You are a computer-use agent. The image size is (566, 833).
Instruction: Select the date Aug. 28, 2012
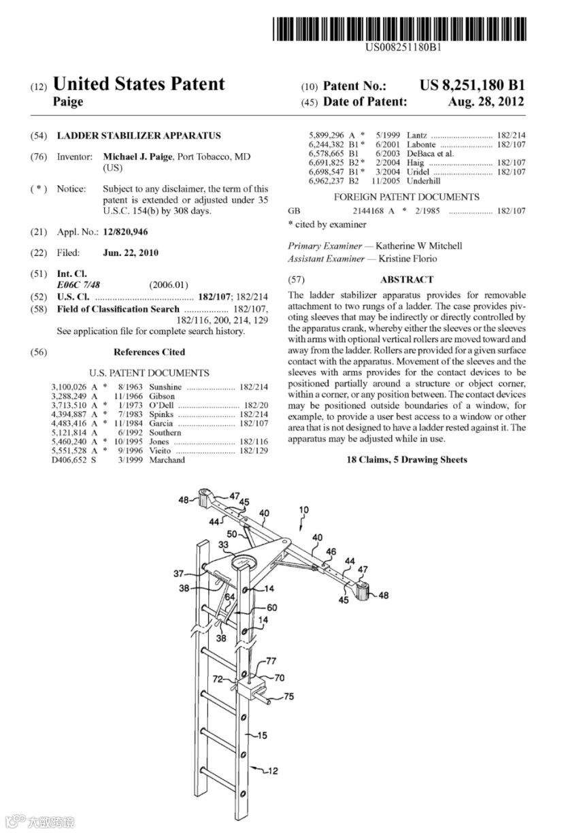pyautogui.click(x=486, y=102)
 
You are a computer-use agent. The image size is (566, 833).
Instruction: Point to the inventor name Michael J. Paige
pyautogui.click(x=138, y=157)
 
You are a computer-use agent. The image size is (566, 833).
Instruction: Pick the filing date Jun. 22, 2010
pyautogui.click(x=130, y=253)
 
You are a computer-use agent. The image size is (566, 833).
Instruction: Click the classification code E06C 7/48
pyautogui.click(x=78, y=284)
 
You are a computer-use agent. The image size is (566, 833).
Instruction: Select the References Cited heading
pyautogui.click(x=149, y=352)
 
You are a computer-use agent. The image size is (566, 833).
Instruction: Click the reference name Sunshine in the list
pyautogui.click(x=165, y=387)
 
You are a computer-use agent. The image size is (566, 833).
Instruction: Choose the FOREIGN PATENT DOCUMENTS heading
pyautogui.click(x=406, y=197)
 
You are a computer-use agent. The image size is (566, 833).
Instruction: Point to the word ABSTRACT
pyautogui.click(x=407, y=280)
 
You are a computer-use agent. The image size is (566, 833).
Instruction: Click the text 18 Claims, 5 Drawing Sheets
pyautogui.click(x=407, y=460)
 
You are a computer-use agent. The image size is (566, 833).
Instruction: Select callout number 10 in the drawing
pyautogui.click(x=303, y=509)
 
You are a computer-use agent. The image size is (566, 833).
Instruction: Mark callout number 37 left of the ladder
pyautogui.click(x=178, y=572)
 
